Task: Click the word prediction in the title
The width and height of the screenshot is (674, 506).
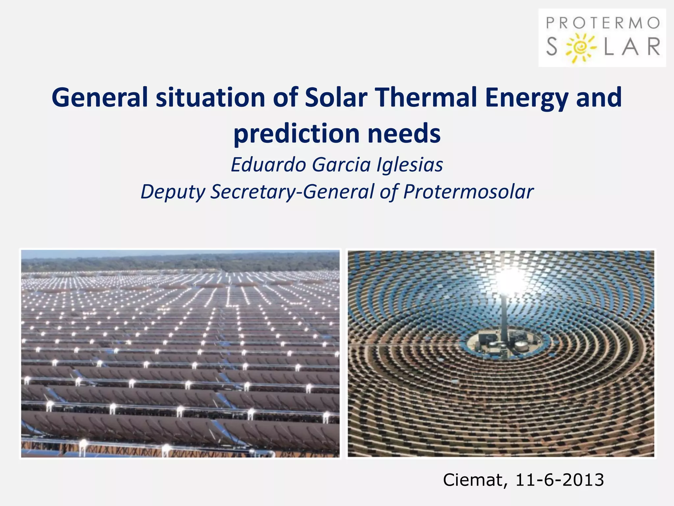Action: click(296, 133)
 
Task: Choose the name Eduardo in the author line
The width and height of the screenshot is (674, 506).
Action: click(268, 164)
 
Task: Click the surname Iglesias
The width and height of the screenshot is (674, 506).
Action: click(410, 165)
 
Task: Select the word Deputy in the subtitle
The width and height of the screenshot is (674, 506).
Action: click(173, 192)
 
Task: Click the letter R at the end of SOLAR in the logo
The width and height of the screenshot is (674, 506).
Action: click(653, 47)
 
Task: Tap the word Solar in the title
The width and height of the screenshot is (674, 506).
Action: click(336, 98)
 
